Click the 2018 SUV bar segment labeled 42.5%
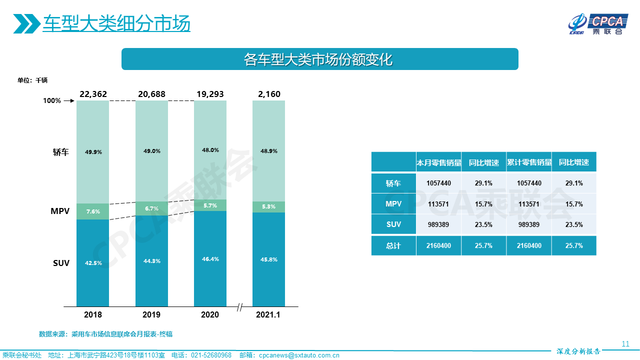tap(92, 263)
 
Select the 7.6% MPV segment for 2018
tap(92, 211)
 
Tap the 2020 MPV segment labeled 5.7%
tap(210, 205)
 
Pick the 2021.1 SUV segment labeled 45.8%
tap(268, 259)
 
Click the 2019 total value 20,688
tap(151, 94)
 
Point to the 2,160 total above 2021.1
tap(268, 94)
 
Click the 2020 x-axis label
tap(210, 314)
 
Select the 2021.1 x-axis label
tap(268, 314)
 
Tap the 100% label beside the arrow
tap(52, 100)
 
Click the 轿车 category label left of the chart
tap(61, 152)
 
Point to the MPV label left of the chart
tap(60, 211)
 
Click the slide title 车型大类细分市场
tap(116, 23)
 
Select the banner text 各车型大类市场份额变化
tap(319, 59)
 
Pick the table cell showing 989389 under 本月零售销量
tap(438, 224)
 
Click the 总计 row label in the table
tap(393, 245)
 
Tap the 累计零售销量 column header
tap(529, 162)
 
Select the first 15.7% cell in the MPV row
tap(483, 204)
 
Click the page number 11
tap(625, 343)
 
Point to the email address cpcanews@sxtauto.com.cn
tap(299, 355)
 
